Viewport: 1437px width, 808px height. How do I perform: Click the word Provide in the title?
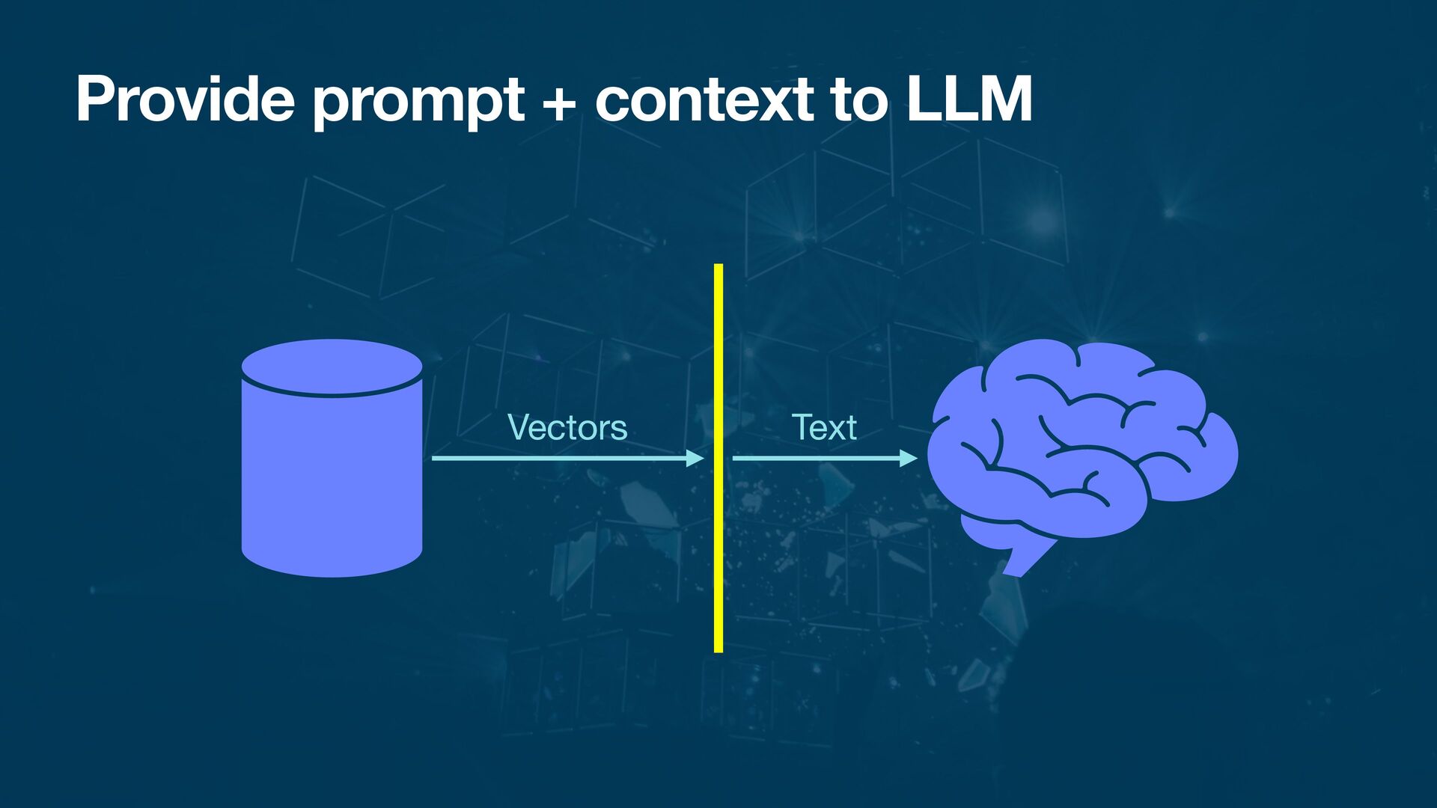pos(185,99)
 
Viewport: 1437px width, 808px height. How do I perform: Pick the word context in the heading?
pos(704,99)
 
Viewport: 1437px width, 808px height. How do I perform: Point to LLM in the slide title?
pos(969,99)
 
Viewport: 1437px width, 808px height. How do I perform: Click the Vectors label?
pos(567,427)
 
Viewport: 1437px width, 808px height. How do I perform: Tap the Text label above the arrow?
pos(824,427)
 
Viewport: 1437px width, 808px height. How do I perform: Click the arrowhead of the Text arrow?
pos(909,458)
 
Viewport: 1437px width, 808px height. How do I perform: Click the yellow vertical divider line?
pos(718,524)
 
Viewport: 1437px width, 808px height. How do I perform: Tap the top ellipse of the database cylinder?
pos(332,367)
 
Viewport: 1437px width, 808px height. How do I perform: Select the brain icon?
pos(1081,441)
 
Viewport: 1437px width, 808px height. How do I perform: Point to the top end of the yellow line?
pos(718,267)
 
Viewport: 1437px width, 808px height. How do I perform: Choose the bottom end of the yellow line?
pos(718,649)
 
